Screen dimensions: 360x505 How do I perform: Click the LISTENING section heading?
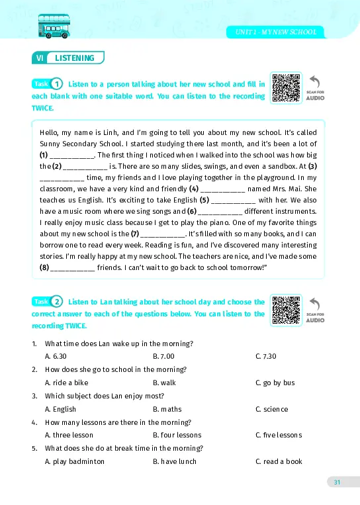(74, 58)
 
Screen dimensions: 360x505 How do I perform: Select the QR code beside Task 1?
(286, 88)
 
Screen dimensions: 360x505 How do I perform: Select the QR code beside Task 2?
(286, 310)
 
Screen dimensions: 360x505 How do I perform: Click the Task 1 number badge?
(57, 84)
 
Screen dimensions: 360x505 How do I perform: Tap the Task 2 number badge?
(57, 302)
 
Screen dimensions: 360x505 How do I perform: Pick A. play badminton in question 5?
(74, 461)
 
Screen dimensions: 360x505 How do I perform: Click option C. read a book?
(279, 461)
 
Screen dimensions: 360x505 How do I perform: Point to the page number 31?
(337, 482)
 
